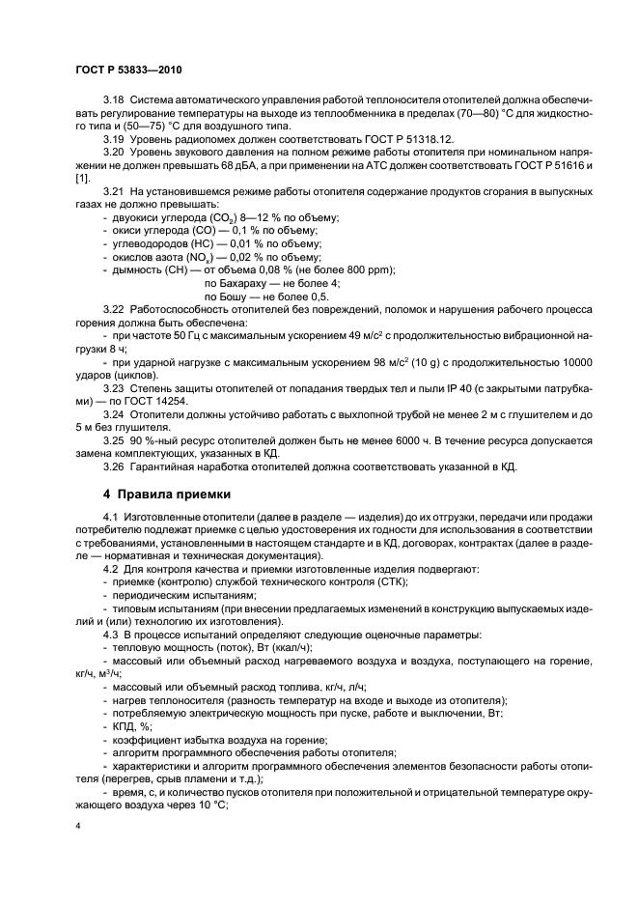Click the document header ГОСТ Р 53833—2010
(127, 71)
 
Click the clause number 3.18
(114, 127)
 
